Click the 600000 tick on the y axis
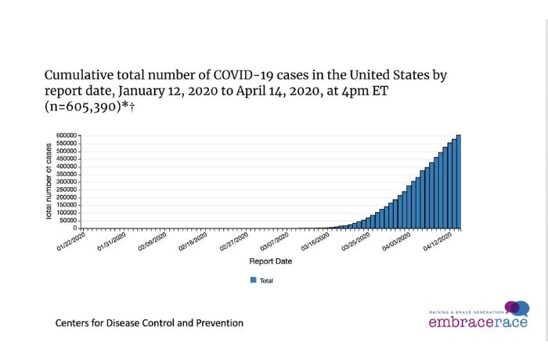coord(66,136)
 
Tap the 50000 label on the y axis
coord(67,220)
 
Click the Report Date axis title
coord(271,261)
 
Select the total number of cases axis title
coord(49,181)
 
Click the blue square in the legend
coord(253,279)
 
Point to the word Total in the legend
coord(266,279)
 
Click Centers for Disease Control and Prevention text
coord(149,322)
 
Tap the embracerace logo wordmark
coord(476,322)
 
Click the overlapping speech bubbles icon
coord(517,308)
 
